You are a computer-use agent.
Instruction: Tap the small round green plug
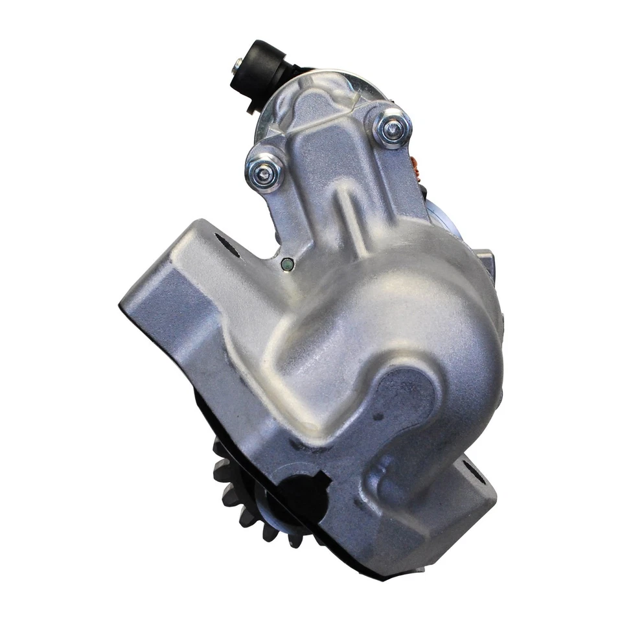(286, 263)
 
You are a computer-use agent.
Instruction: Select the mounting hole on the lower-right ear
(475, 481)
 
